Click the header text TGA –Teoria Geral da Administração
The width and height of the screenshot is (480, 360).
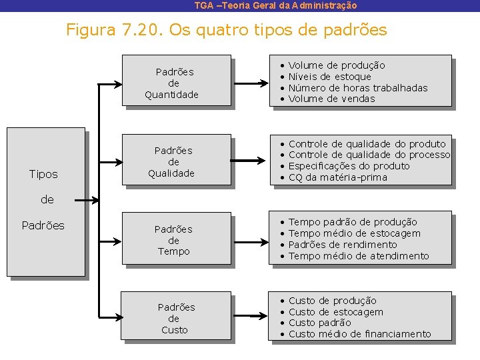pyautogui.click(x=275, y=5)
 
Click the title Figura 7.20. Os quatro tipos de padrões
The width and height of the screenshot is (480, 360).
pyautogui.click(x=226, y=30)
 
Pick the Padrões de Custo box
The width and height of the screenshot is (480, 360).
pyautogui.click(x=176, y=319)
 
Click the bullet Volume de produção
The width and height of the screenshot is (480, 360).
pyautogui.click(x=336, y=65)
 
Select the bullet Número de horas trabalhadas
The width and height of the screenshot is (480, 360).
pyautogui.click(x=357, y=88)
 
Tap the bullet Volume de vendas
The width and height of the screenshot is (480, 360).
pyautogui.click(x=331, y=99)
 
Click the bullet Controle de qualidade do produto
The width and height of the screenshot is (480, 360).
pyautogui.click(x=367, y=144)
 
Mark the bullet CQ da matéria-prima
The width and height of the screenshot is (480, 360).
pyautogui.click(x=337, y=177)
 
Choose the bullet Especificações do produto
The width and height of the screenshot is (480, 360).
pyautogui.click(x=349, y=166)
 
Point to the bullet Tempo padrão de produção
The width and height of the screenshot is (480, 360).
pyautogui.click(x=353, y=222)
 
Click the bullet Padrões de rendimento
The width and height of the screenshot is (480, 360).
pyautogui.click(x=342, y=245)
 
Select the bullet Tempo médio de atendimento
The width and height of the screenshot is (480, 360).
pyautogui.click(x=359, y=256)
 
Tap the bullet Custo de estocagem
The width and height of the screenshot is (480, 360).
pyautogui.click(x=335, y=312)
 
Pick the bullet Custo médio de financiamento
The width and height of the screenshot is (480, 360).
pyautogui.click(x=359, y=334)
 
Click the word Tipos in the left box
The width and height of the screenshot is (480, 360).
pyautogui.click(x=43, y=174)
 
